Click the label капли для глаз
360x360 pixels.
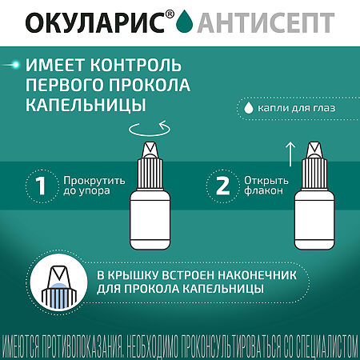click(296, 107)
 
